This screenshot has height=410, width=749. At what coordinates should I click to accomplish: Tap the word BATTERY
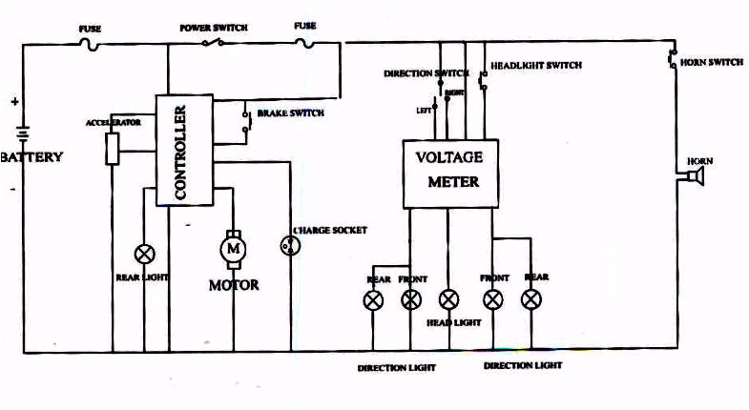pyautogui.click(x=32, y=156)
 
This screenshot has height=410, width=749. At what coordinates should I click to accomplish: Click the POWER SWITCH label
pyautogui.click(x=214, y=29)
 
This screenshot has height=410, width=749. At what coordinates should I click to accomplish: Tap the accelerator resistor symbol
pyautogui.click(x=113, y=148)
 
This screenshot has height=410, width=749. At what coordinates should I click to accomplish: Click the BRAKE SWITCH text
pyautogui.click(x=291, y=113)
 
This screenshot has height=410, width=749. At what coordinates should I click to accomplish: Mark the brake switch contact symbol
pyautogui.click(x=245, y=118)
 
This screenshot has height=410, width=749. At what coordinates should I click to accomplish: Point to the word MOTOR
pyautogui.click(x=233, y=284)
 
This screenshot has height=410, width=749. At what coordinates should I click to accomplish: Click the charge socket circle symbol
pyautogui.click(x=288, y=245)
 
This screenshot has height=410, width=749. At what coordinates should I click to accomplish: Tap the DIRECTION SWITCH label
pyautogui.click(x=426, y=73)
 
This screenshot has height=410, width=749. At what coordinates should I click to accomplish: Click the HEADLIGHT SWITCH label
pyautogui.click(x=535, y=66)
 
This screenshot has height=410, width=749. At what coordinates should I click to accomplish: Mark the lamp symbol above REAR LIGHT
pyautogui.click(x=145, y=255)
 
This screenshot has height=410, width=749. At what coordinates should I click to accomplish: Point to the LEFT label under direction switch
pyautogui.click(x=423, y=110)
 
